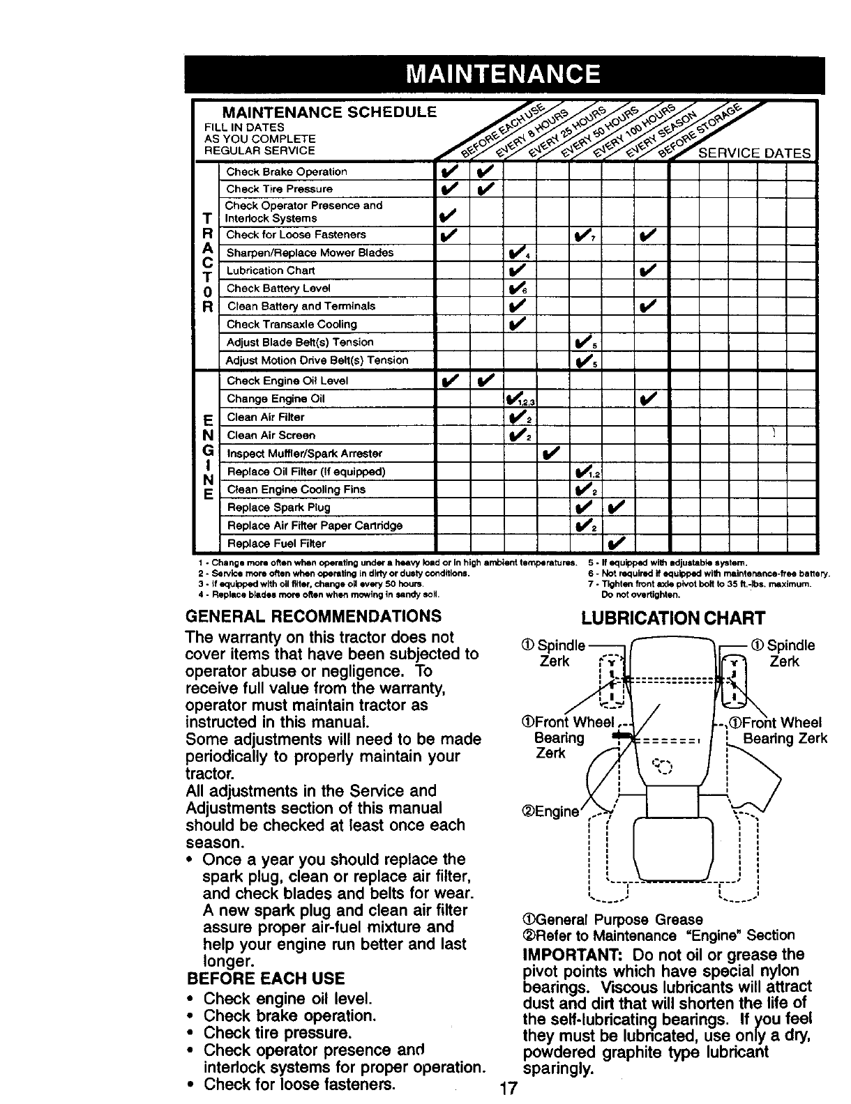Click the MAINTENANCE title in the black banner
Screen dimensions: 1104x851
[x=504, y=75]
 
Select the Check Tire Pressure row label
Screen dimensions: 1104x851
[x=279, y=189]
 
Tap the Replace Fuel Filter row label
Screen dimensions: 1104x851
[x=276, y=544]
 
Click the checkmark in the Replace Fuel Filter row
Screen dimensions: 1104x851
[x=617, y=544]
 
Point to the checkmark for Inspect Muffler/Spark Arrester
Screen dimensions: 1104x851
[x=551, y=454]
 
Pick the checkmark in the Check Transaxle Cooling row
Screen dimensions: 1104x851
[x=517, y=324]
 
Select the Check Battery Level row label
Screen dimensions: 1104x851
[x=278, y=289]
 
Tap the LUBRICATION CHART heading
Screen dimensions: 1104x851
[x=673, y=618]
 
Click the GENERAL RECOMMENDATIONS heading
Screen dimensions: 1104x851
[x=313, y=616]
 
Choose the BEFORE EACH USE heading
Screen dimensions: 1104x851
[x=265, y=978]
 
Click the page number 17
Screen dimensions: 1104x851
[x=508, y=1089]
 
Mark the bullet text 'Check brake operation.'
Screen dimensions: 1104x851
[x=290, y=1015]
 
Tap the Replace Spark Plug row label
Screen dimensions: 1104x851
[x=278, y=507]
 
